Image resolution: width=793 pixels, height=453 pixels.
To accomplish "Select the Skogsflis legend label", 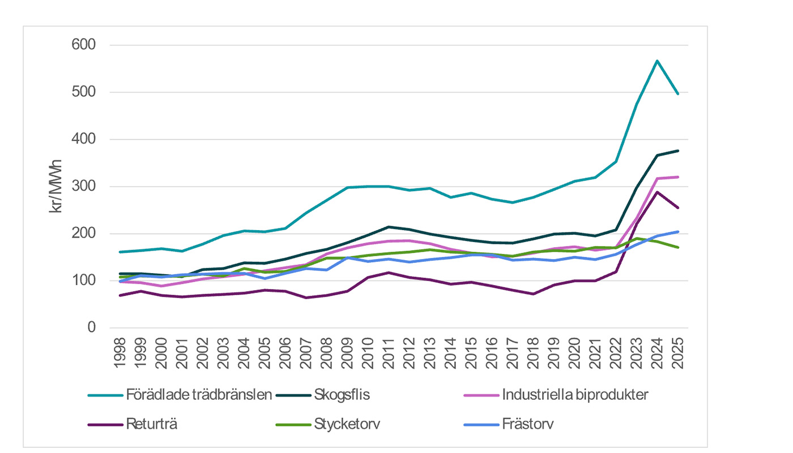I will (x=342, y=395).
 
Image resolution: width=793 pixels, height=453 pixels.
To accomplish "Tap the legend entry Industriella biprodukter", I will (x=574, y=395).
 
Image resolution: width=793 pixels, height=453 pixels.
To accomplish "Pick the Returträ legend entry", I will (x=152, y=424).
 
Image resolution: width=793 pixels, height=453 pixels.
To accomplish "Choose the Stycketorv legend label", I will (x=347, y=424).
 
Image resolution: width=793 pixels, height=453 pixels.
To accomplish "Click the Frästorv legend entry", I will (x=527, y=424).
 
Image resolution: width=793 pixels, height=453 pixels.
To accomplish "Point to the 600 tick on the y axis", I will (x=83, y=45).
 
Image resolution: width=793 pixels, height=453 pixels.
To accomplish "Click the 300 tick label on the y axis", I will (x=83, y=186).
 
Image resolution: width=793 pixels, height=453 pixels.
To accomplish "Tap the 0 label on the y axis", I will (x=91, y=327).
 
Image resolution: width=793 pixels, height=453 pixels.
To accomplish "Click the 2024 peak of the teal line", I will (x=657, y=60).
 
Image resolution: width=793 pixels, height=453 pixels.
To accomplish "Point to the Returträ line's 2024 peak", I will (x=657, y=192).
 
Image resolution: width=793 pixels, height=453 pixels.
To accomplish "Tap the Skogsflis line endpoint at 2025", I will (x=678, y=151).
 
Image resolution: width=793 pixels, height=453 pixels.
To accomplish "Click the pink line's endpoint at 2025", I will (x=678, y=177).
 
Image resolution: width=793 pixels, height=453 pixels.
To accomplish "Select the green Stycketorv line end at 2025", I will (x=678, y=247).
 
